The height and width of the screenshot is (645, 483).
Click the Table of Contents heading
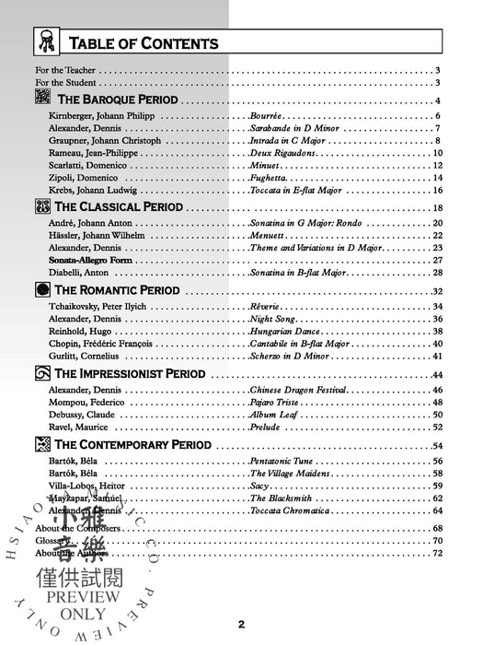[144, 42]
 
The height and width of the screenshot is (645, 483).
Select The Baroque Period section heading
[118, 100]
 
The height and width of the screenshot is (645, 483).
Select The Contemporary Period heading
[133, 445]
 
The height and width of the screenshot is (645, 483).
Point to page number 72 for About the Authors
[438, 552]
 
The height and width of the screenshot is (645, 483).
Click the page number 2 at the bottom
[241, 625]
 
